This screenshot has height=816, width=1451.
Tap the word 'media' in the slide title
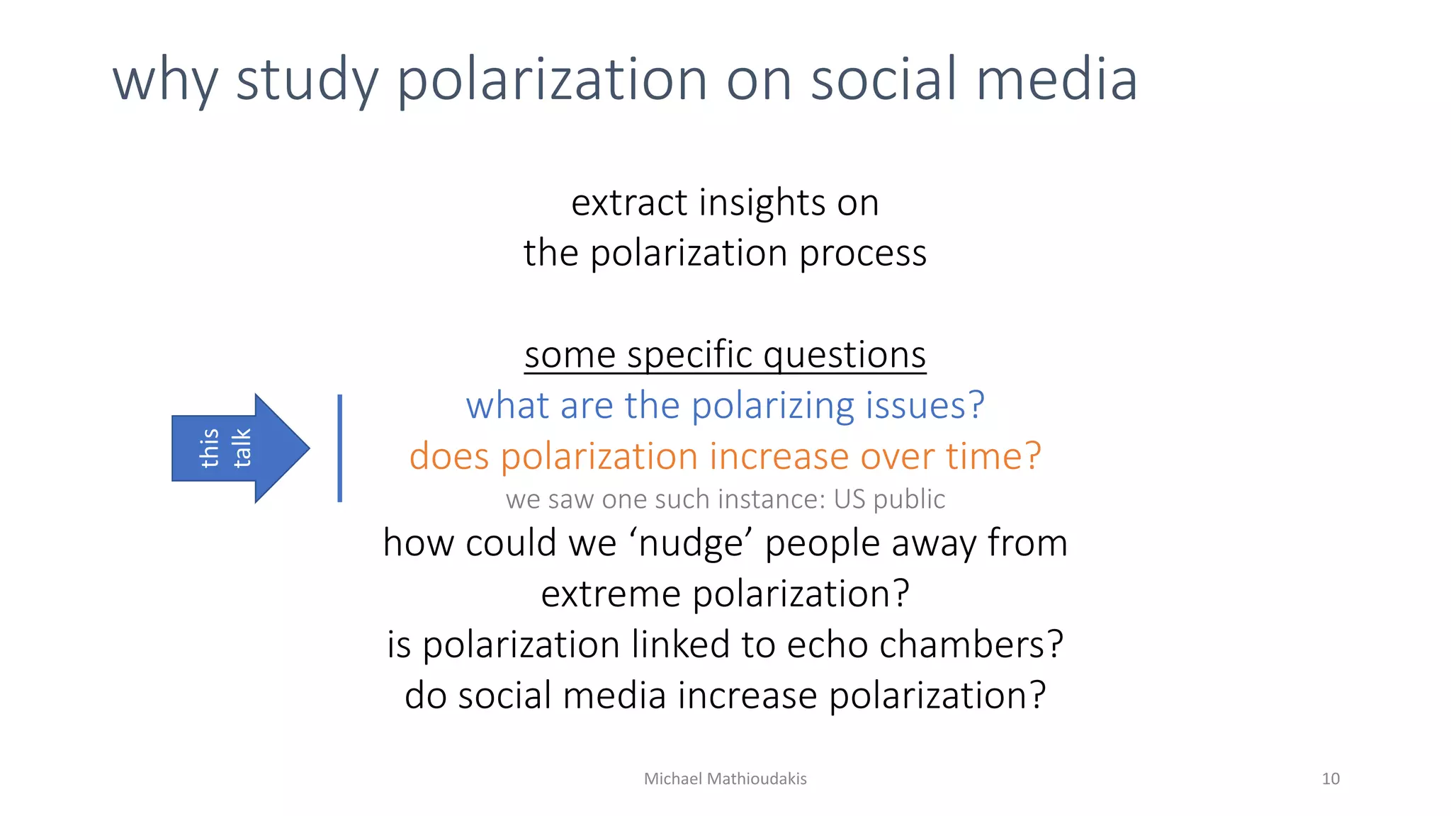[x=1056, y=79]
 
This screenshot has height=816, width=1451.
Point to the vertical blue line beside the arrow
[x=340, y=448]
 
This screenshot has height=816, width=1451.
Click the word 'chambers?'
[x=971, y=645]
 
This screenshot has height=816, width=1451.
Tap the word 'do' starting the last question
[x=426, y=696]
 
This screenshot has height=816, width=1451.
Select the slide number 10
[x=1330, y=779]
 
